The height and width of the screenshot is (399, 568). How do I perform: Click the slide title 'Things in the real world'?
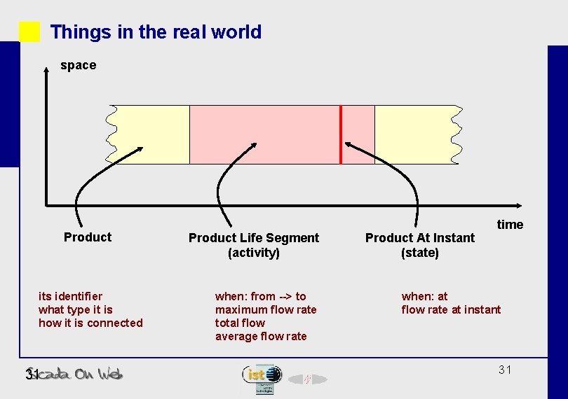click(156, 32)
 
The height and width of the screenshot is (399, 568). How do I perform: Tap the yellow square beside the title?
click(29, 32)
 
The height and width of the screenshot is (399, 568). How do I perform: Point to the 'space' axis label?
click(78, 65)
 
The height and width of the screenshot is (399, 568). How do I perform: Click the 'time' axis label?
click(510, 224)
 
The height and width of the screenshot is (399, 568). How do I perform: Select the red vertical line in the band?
click(341, 134)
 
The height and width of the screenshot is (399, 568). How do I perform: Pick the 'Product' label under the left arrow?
click(88, 237)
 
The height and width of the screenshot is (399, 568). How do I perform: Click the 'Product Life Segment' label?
click(254, 238)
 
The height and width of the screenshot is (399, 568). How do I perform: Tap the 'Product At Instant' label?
click(420, 238)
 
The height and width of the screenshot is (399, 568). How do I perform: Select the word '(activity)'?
click(254, 253)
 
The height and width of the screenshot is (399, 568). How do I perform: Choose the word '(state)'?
click(420, 253)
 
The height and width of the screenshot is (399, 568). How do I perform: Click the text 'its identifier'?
click(70, 296)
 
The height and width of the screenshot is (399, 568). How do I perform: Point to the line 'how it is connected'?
click(90, 323)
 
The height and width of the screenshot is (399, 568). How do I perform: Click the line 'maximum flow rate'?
click(266, 309)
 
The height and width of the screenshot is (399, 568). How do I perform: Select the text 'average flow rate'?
click(261, 336)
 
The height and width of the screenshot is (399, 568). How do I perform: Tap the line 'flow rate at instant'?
click(451, 309)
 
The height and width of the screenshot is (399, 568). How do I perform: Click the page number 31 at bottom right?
click(505, 370)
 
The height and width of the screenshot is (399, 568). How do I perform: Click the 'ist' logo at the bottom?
click(262, 375)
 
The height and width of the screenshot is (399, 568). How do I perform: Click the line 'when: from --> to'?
click(261, 296)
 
